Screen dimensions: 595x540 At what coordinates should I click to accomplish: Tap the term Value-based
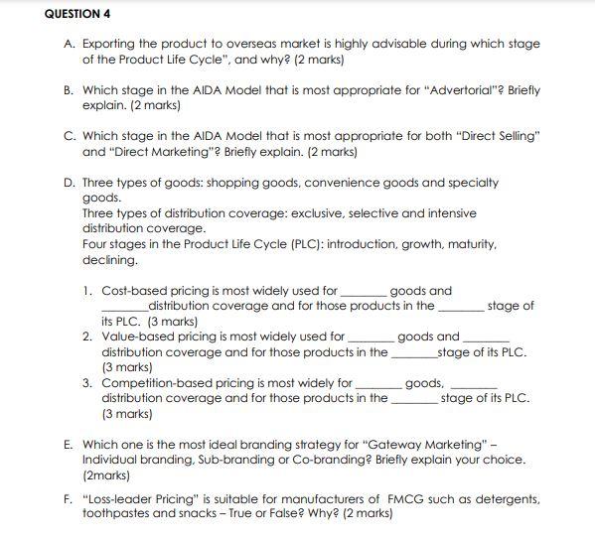click(138, 337)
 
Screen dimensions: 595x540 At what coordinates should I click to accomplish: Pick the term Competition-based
click(157, 382)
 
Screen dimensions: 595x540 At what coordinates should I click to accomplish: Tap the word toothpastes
click(120, 514)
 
